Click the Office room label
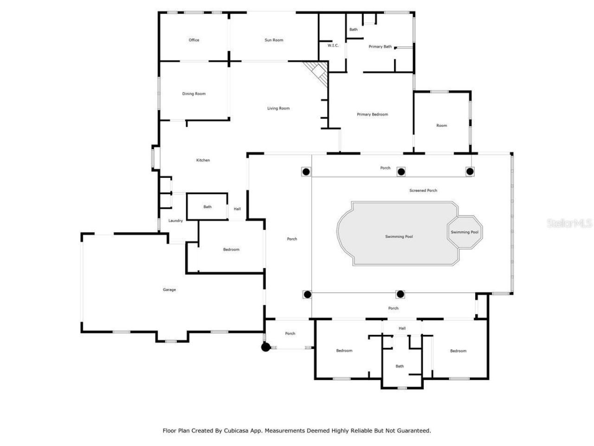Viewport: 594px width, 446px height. tap(194, 40)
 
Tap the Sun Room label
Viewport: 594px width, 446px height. tap(274, 40)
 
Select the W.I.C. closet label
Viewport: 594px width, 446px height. tap(333, 46)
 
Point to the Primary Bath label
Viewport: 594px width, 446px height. tap(380, 46)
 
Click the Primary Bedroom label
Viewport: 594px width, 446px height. tap(372, 114)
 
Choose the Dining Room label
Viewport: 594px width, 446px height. tap(194, 94)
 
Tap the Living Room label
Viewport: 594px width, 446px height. tap(278, 108)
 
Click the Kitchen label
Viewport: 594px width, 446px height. tap(203, 160)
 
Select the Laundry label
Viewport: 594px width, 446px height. tap(175, 221)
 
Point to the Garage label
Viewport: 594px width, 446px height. tap(169, 290)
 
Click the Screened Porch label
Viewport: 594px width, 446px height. tap(423, 190)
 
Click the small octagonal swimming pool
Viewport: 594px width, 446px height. tap(464, 232)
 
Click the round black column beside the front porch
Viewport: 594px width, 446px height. tap(265, 347)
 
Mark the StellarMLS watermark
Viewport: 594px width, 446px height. tap(569, 223)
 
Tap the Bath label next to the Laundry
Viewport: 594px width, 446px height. tap(207, 207)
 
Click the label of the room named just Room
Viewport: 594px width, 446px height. tap(441, 125)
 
